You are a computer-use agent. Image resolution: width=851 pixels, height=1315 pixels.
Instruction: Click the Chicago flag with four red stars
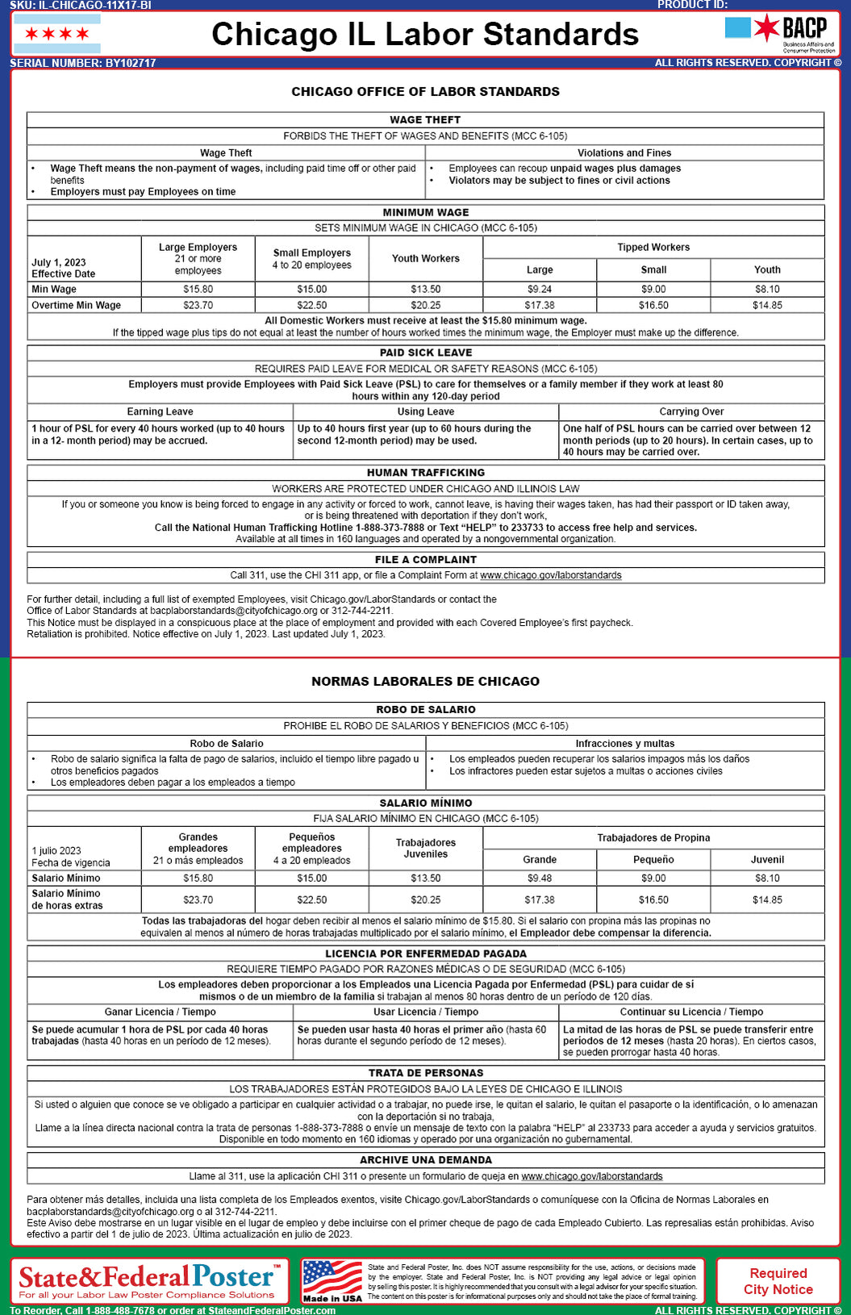57,34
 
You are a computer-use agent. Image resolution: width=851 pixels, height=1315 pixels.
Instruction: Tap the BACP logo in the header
779,33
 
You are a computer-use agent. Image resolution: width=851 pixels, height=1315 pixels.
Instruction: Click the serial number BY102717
83,63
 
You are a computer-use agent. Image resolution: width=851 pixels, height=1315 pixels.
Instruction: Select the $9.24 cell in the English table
540,289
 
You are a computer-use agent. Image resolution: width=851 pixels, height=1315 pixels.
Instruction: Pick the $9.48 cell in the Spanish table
540,879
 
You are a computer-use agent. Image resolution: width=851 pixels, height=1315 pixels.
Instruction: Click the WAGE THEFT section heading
425,120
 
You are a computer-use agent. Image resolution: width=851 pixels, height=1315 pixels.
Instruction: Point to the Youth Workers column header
425,258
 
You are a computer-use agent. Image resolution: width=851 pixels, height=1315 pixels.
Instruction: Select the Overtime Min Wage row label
77,306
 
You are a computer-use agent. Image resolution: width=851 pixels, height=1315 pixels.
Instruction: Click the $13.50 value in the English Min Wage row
425,289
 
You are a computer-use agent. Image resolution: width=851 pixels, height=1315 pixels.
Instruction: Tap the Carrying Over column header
691,411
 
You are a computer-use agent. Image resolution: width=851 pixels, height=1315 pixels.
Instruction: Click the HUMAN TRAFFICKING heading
425,473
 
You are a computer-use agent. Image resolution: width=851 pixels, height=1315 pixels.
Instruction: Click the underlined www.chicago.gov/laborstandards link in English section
550,576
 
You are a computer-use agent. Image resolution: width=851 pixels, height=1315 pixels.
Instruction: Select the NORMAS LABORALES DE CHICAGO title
425,682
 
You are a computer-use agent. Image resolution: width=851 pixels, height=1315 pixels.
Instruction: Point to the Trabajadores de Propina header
653,838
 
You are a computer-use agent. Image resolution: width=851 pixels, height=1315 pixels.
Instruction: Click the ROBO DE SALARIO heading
425,710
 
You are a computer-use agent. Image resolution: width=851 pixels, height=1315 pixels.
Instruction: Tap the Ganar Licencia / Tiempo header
160,1012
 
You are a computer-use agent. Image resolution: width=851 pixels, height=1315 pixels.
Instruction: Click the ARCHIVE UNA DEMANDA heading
425,1160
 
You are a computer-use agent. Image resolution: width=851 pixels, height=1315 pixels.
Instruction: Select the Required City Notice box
778,1281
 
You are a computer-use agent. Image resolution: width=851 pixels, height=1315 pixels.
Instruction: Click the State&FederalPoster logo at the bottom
149,1280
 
